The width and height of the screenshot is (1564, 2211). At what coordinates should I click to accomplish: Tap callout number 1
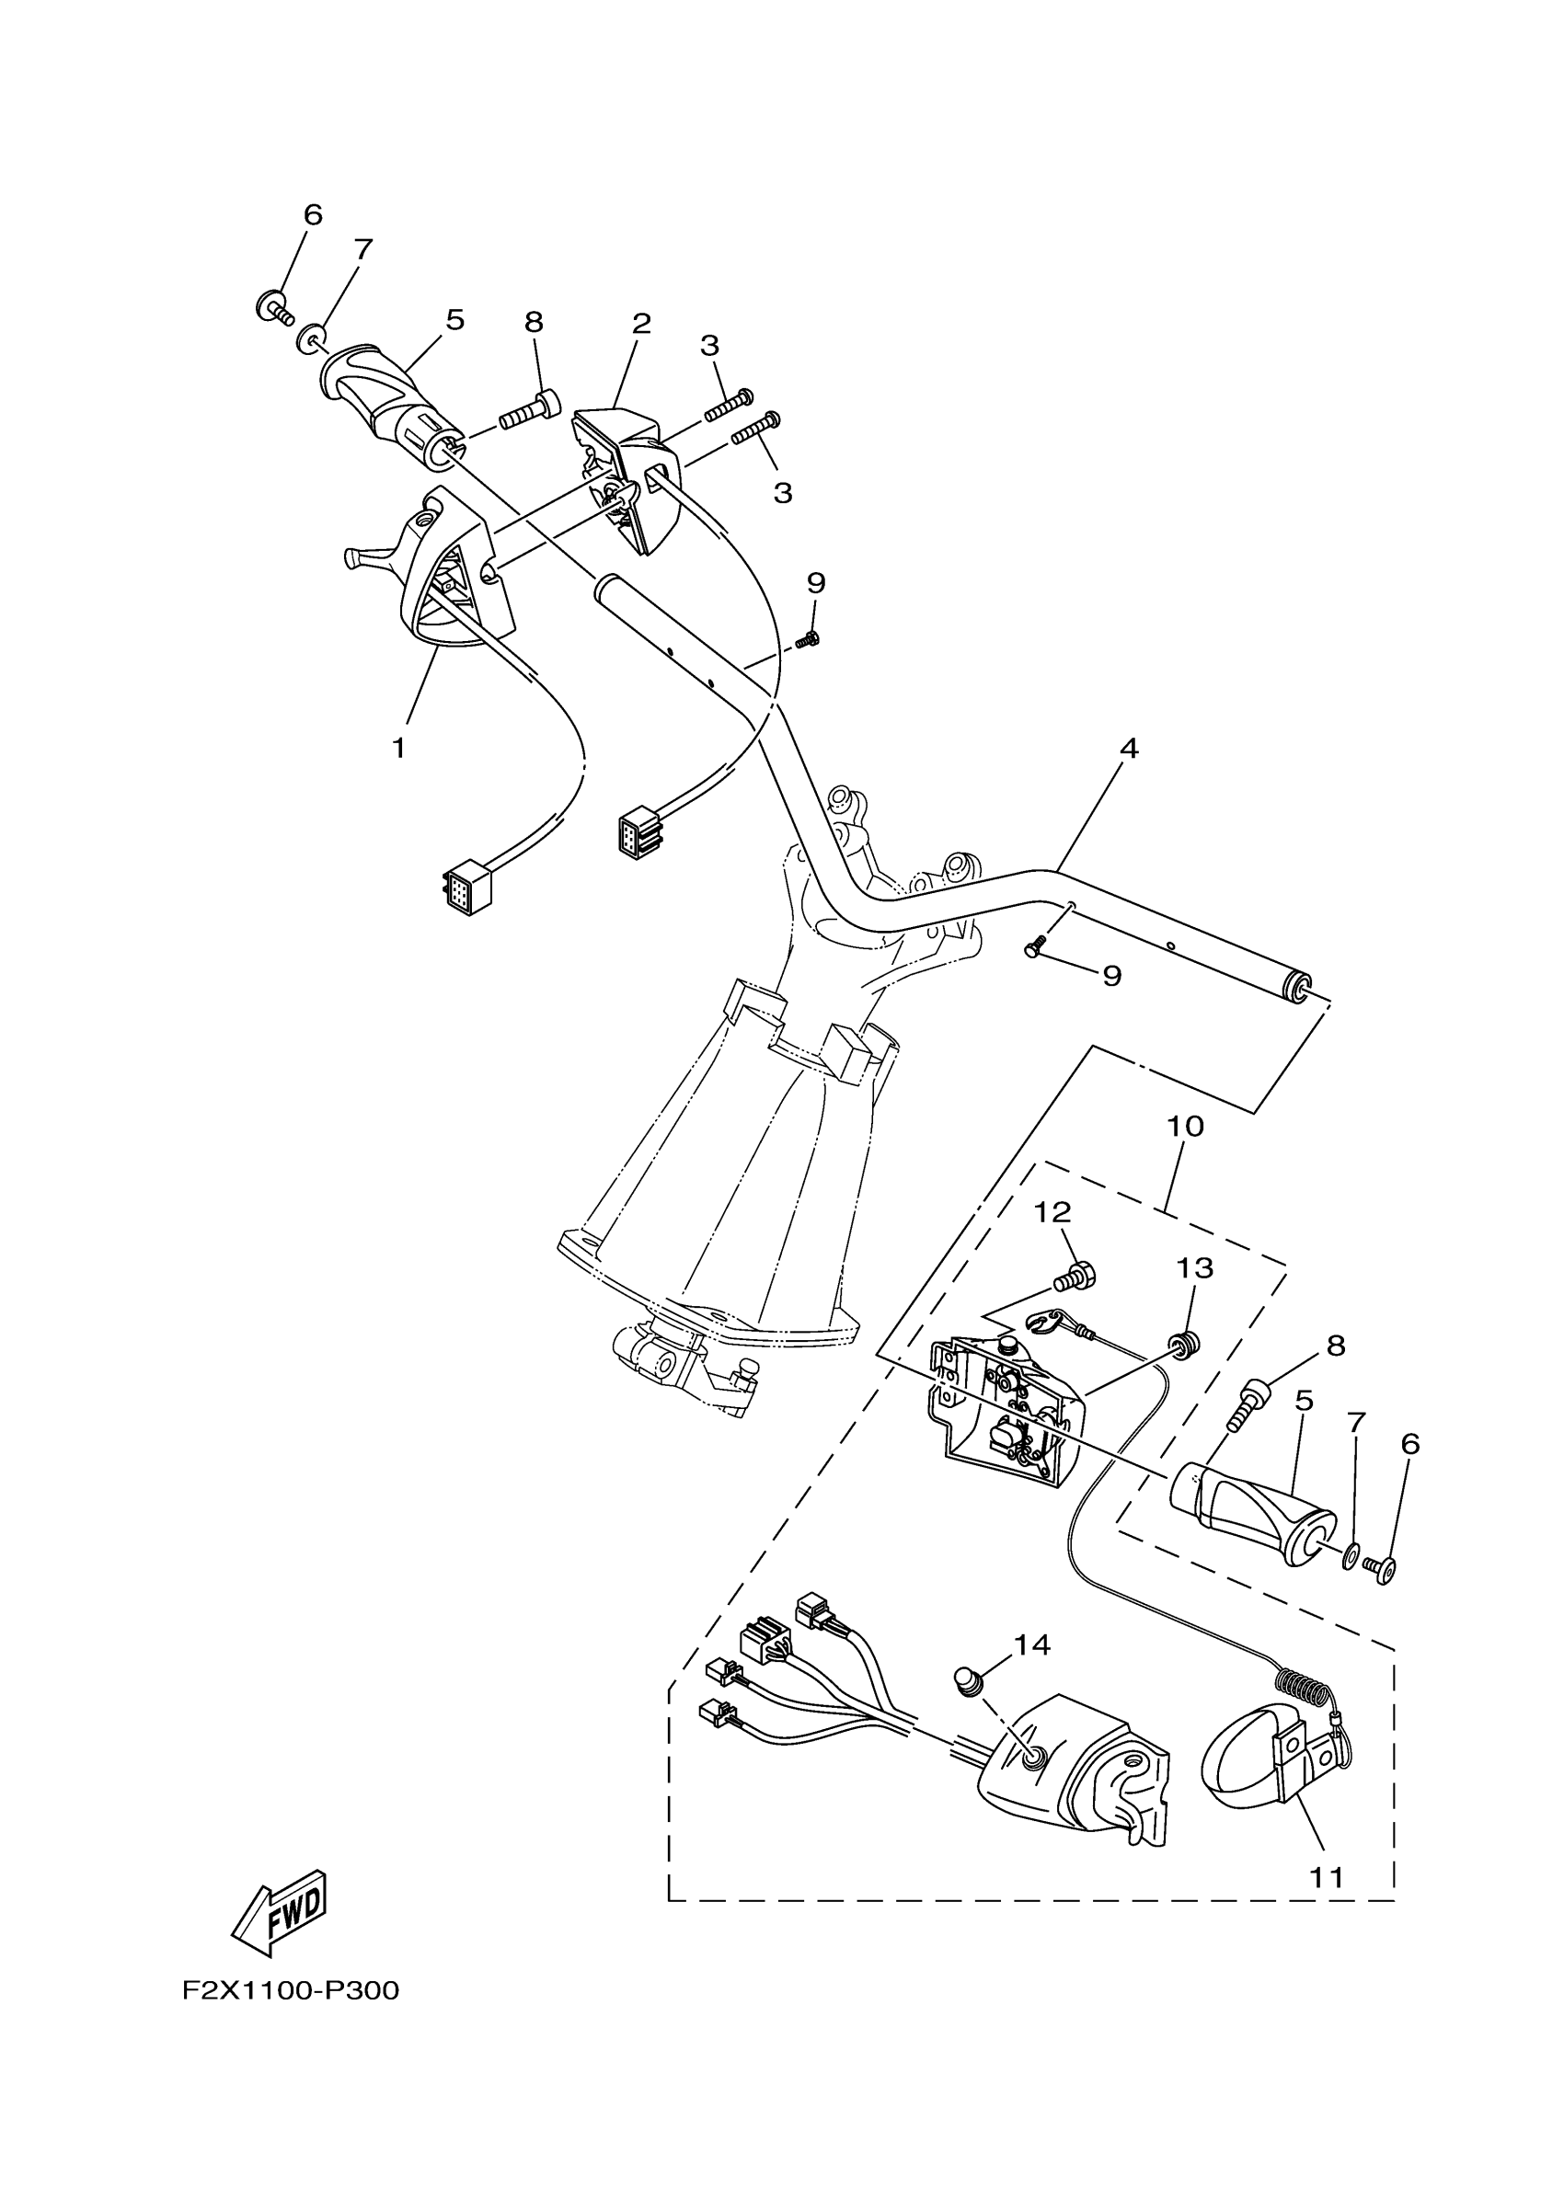tap(398, 749)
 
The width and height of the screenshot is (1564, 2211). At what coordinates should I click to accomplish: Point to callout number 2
tap(640, 324)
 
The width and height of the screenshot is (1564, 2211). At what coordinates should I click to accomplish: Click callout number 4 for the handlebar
tap(1129, 749)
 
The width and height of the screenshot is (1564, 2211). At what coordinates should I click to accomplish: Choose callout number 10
tap(1185, 1126)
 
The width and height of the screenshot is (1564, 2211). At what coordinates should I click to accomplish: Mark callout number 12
tap(1052, 1212)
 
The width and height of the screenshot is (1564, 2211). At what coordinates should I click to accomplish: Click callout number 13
tap(1194, 1268)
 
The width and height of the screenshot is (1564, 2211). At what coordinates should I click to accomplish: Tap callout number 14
tap(1030, 1644)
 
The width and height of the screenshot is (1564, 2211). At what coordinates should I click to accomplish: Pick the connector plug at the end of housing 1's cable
tap(466, 888)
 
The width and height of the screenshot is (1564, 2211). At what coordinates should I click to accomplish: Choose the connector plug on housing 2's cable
tap(640, 831)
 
